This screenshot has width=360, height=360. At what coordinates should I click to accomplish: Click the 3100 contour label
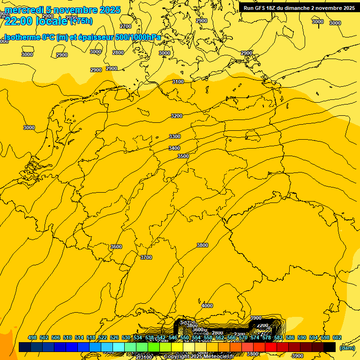tap(178, 82)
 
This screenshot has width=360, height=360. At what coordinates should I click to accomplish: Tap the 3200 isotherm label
tap(177, 116)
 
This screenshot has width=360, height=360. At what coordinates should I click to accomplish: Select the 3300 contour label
tap(175, 136)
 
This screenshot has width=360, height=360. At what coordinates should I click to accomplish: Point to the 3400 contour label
tap(174, 148)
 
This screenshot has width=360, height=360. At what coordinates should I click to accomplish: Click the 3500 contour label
tap(183, 156)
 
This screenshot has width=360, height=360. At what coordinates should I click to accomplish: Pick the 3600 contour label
tap(116, 247)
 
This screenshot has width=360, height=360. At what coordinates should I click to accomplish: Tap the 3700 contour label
tap(146, 257)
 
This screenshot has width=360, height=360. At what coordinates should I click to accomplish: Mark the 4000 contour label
tap(207, 306)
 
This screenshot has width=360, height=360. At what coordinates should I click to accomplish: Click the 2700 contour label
tap(126, 26)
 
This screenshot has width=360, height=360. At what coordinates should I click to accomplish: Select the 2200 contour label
tap(262, 325)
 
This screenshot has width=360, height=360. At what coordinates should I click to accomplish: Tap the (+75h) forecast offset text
tap(81, 21)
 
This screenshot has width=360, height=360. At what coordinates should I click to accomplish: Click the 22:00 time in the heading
tap(18, 21)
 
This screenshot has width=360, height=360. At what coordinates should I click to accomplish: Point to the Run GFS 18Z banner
tap(299, 8)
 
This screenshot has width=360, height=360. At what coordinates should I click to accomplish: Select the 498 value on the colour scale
tap(32, 337)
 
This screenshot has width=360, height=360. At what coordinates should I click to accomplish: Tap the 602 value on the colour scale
tap(337, 337)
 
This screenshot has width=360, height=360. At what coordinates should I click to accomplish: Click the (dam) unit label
tap(347, 348)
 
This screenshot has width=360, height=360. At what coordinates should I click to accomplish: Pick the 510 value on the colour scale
tap(67, 337)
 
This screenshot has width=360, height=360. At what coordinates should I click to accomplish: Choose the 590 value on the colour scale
tap(302, 337)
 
